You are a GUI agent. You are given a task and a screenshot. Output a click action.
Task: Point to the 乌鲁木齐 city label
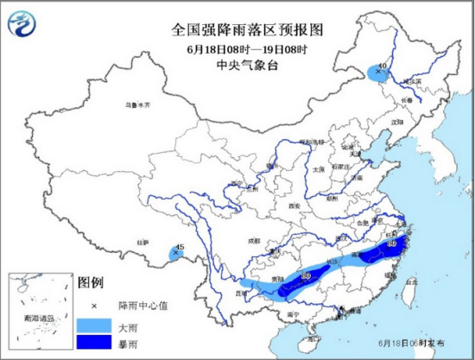(137, 104)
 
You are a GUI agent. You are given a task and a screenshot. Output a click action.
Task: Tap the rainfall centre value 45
(179, 248)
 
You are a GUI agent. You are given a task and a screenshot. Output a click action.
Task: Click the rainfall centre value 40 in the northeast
(382, 66)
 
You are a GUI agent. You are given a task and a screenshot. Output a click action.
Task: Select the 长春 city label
(407, 100)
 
